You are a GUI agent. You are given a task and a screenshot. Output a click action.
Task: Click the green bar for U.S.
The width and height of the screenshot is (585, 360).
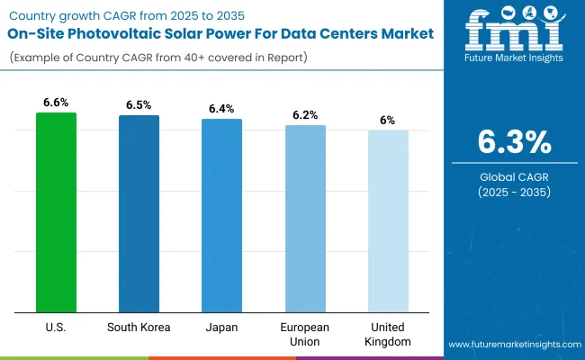click(x=56, y=211)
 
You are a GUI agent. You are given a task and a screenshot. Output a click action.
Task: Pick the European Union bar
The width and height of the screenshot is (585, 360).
click(x=305, y=218)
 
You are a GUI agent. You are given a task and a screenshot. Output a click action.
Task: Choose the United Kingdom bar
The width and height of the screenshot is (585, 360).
click(x=388, y=220)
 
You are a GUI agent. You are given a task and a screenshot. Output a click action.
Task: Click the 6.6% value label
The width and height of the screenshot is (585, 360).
click(x=56, y=103)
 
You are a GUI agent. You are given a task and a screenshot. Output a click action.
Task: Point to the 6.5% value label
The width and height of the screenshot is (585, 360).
click(x=139, y=105)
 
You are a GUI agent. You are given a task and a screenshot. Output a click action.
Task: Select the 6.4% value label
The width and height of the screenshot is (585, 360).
click(x=221, y=109)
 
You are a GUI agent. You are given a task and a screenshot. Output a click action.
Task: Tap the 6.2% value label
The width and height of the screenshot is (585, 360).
click(x=305, y=115)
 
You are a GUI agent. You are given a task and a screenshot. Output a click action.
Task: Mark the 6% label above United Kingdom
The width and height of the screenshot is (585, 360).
click(x=388, y=121)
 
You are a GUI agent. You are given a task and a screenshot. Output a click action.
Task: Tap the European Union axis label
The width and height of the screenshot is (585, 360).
click(x=305, y=334)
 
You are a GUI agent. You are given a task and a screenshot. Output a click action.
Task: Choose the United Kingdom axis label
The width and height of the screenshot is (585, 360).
click(x=388, y=334)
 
